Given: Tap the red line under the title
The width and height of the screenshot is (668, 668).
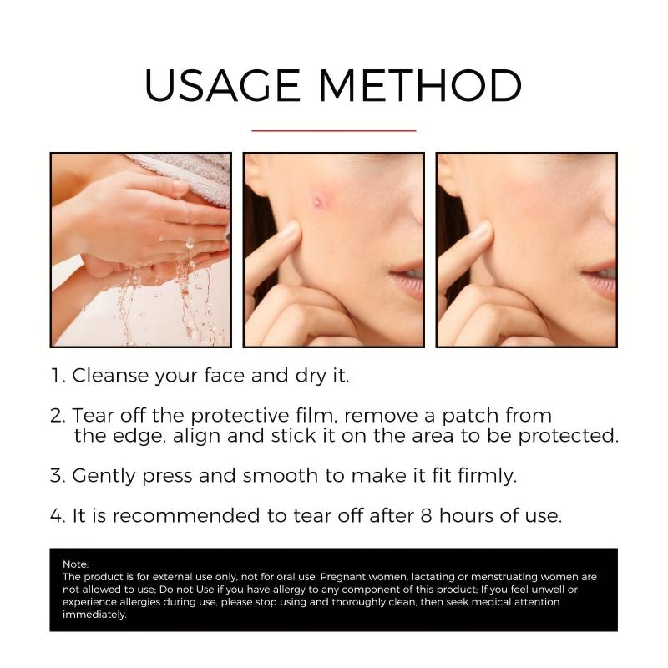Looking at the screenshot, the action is (x=333, y=131).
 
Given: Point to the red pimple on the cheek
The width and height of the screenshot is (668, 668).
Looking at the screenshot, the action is (x=317, y=201).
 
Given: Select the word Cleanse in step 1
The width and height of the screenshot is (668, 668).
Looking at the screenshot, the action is (x=110, y=376).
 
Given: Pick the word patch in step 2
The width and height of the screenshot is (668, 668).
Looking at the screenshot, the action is (x=470, y=415).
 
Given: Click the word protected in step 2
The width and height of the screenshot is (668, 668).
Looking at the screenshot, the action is (x=569, y=435).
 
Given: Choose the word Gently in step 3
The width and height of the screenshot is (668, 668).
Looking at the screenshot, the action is (x=104, y=476).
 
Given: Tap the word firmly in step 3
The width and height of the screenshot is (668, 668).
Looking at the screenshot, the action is (x=488, y=476).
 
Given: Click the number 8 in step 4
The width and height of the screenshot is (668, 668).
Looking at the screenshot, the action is (x=427, y=515).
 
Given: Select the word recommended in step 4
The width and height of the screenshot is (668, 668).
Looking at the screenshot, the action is (x=186, y=515).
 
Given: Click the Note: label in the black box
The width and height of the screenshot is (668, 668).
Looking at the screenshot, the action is (x=76, y=564).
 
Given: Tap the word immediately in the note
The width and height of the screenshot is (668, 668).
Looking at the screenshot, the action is (x=94, y=615).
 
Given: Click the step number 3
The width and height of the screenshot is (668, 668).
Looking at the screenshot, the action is (x=57, y=476).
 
